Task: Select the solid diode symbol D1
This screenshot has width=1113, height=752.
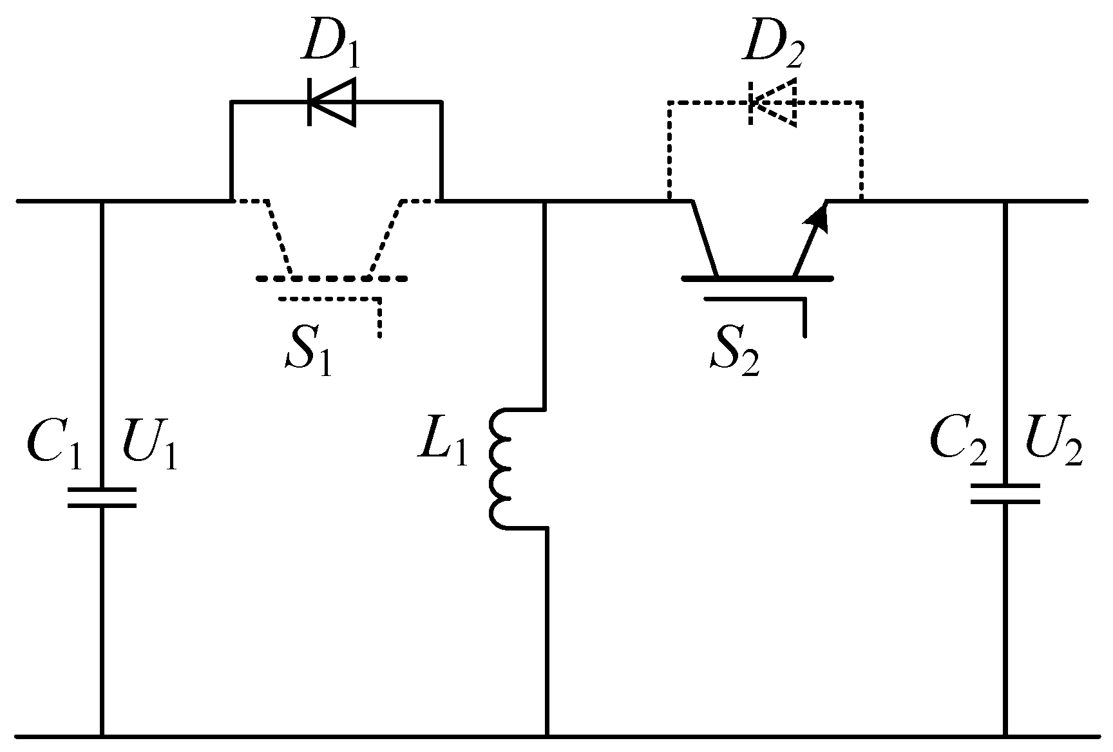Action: pos(332,102)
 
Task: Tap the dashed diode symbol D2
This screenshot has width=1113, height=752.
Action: pos(774,102)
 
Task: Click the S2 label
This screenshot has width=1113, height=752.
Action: pos(735,356)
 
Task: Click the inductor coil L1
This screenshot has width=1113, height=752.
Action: pos(501,468)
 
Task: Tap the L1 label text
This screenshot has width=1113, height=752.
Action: pos(442,445)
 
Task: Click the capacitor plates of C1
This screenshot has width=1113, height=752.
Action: pos(102,497)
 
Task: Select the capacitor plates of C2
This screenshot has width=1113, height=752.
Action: pos(1005,494)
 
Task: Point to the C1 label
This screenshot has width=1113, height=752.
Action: pos(55,445)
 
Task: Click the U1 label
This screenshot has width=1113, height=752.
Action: pos(149,445)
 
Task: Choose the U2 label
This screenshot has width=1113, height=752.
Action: pos(1053,445)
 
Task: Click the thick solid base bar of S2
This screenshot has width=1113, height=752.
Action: pos(757,278)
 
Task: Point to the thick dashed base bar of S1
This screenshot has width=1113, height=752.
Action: pos(331,278)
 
